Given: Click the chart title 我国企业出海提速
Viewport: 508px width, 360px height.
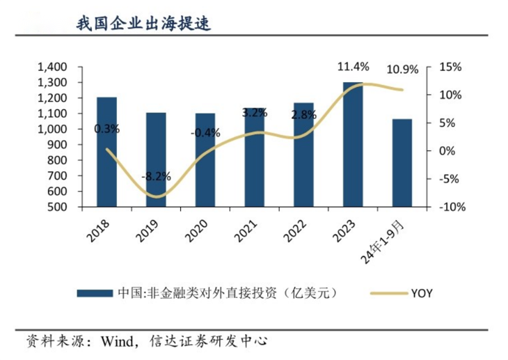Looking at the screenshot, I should coord(143,23).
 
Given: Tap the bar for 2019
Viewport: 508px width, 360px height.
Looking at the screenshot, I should coord(156,159).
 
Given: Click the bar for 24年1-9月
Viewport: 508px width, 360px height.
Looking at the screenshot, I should coord(402,163).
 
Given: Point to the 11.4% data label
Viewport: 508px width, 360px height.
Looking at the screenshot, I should coord(353,67).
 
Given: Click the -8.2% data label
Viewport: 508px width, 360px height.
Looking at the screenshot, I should coord(156,177).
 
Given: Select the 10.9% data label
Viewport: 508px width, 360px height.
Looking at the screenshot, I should coord(402,70).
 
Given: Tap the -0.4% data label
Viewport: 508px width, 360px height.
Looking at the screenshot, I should coord(205,132).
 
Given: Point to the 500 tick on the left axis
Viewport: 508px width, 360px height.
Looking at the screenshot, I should coord(56,207).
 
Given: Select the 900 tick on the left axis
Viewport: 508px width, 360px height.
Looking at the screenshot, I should coord(56,145).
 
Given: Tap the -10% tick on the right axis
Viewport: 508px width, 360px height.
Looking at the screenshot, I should coord(449,207).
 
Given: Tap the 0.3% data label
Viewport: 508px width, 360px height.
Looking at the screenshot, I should coord(106,128).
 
